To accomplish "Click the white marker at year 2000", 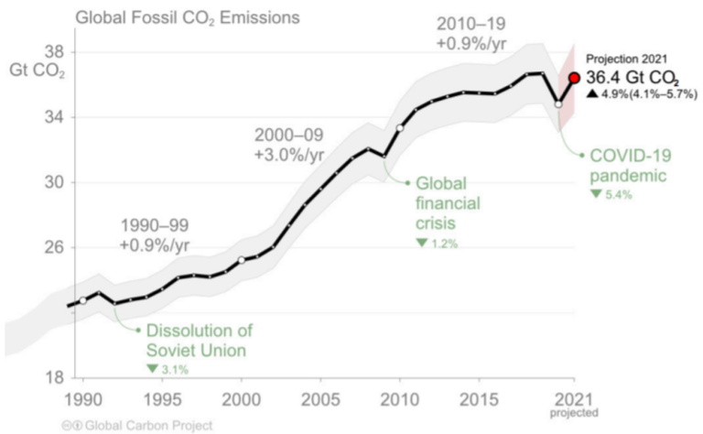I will pyautogui.click(x=242, y=260).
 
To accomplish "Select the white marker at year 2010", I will pyautogui.click(x=400, y=127).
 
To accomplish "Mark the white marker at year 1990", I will pyautogui.click(x=82, y=300).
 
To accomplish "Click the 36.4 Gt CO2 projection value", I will pyautogui.click(x=633, y=79).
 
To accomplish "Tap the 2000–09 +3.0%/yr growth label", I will pyautogui.click(x=289, y=145).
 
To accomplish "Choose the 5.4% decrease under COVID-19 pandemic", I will pyautogui.click(x=611, y=195).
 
